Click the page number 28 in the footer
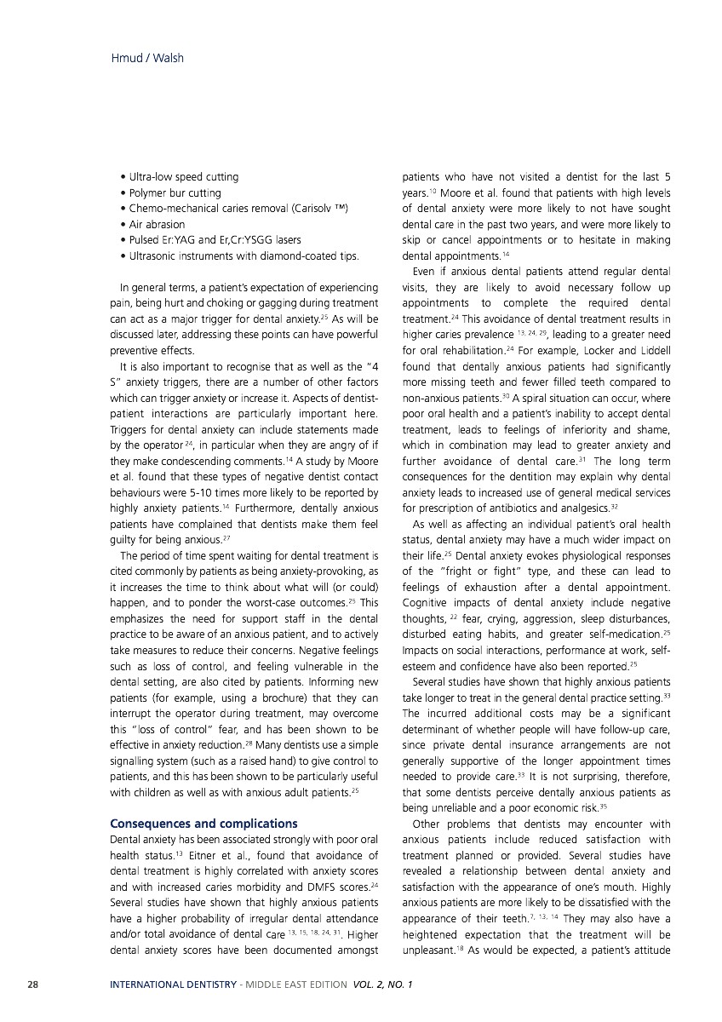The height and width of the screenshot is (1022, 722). click(x=32, y=985)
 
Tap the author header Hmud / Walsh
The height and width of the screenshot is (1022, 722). click(x=147, y=58)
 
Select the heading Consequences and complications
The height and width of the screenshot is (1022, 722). click(x=204, y=824)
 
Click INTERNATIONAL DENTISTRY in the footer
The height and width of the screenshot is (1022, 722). click(x=173, y=985)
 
